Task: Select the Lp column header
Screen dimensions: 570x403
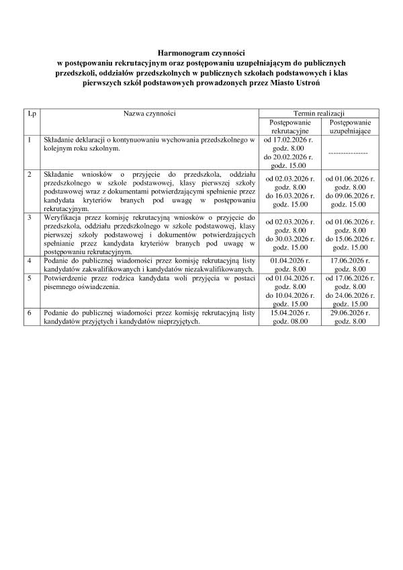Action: pyautogui.click(x=32, y=114)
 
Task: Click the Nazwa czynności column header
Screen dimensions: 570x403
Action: pyautogui.click(x=148, y=114)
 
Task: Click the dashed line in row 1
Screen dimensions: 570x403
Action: pyautogui.click(x=348, y=153)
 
